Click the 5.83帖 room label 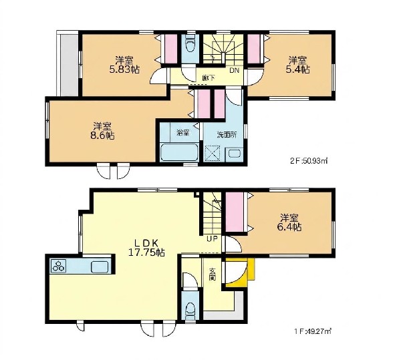124,65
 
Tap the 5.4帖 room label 297,65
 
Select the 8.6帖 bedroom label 102,130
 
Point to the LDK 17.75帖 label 146,247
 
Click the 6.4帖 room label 289,222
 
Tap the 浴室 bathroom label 183,133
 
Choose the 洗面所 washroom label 227,135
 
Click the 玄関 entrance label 213,274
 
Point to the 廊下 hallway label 209,78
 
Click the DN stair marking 234,71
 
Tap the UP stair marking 213,239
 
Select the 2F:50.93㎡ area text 309,161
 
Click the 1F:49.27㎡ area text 313,331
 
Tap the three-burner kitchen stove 59,266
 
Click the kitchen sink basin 100,267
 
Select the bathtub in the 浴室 180,152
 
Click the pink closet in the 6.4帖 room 235,212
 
